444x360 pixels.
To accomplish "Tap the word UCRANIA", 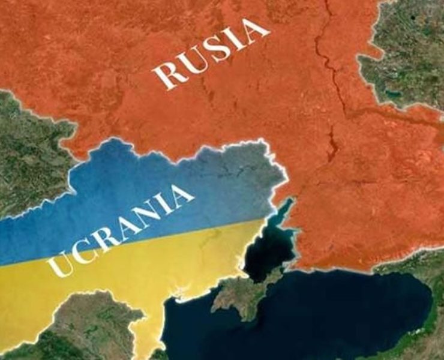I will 124,231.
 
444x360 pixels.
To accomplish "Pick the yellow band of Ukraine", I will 150,264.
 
